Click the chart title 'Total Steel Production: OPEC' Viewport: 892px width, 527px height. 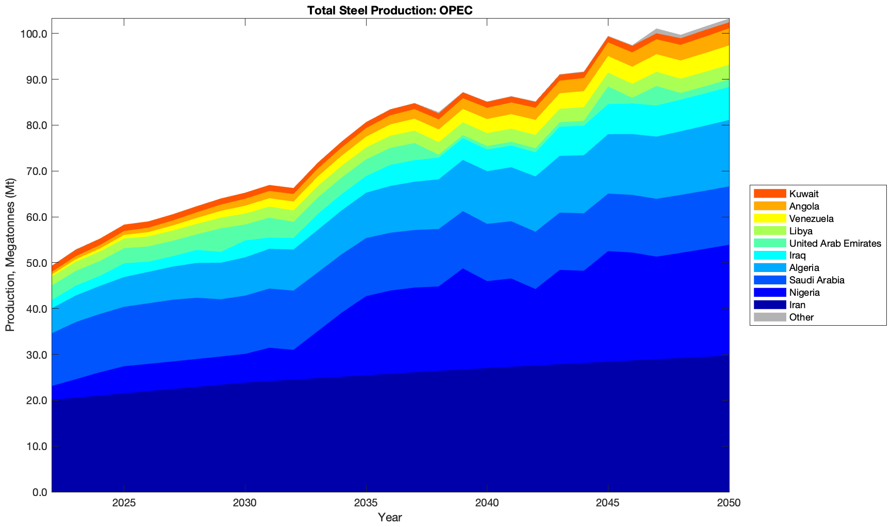[x=389, y=10]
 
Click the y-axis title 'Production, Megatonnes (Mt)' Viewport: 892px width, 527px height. [x=10, y=255]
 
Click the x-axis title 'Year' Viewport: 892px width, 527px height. [x=390, y=517]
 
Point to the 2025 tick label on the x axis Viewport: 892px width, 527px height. [x=124, y=504]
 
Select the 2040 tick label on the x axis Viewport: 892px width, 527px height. [x=487, y=504]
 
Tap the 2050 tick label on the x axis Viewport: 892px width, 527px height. [x=729, y=504]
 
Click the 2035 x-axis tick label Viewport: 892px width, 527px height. [x=366, y=504]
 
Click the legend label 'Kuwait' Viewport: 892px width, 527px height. [x=804, y=194]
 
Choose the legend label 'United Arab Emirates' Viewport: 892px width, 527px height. [x=835, y=244]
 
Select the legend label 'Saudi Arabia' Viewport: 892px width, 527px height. [x=817, y=280]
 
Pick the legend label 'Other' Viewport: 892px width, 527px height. [x=801, y=317]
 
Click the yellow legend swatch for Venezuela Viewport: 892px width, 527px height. [x=770, y=219]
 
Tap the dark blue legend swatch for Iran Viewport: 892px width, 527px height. [x=770, y=305]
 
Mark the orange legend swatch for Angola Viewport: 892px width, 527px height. [x=770, y=206]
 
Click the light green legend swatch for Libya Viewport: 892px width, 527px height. [x=770, y=231]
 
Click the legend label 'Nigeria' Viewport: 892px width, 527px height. [x=804, y=293]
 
